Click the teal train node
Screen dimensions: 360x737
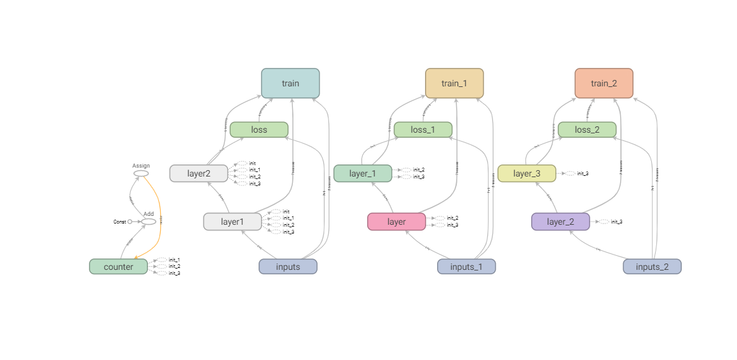click(290, 83)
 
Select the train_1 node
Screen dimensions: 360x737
click(454, 83)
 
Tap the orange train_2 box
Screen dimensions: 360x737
click(604, 83)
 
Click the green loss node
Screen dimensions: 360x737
click(259, 130)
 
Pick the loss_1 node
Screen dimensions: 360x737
click(423, 130)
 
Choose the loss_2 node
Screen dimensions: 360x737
click(586, 130)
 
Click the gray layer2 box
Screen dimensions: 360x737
click(198, 173)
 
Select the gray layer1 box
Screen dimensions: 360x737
click(232, 222)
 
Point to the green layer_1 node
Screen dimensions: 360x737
click(362, 173)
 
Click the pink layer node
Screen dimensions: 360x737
click(396, 222)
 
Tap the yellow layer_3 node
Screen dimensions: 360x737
click(526, 173)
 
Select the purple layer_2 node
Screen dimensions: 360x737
click(560, 222)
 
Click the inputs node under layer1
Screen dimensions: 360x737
click(288, 267)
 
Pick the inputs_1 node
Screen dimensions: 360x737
click(466, 267)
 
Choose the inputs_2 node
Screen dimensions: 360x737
click(652, 267)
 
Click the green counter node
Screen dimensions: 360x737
click(118, 267)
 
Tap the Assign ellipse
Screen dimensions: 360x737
click(141, 173)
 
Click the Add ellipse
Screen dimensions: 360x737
click(149, 222)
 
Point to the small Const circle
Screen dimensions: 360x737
click(130, 222)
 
